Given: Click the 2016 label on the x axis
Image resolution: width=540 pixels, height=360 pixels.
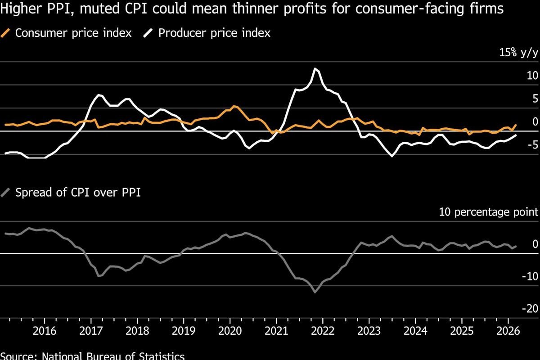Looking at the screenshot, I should pyautogui.click(x=45, y=331).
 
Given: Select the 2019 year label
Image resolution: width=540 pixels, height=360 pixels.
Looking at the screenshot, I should pyautogui.click(x=184, y=331).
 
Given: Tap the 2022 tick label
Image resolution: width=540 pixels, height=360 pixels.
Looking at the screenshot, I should pyautogui.click(x=323, y=331).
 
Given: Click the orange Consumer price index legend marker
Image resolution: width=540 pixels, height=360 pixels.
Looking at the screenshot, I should pyautogui.click(x=7, y=33).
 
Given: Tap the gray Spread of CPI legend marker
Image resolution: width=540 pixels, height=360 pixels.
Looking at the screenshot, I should pyautogui.click(x=7, y=193).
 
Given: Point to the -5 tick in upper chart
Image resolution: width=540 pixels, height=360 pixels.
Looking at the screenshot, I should pyautogui.click(x=532, y=145).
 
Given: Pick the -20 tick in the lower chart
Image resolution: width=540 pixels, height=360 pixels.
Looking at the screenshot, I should pyautogui.click(x=530, y=308).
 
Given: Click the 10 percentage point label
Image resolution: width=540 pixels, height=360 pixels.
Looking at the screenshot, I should pyautogui.click(x=489, y=212).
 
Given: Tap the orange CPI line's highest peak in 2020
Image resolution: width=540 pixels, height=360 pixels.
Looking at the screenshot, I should pyautogui.click(x=234, y=106).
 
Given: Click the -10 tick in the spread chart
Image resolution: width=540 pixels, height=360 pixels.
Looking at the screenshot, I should pyautogui.click(x=530, y=276).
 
